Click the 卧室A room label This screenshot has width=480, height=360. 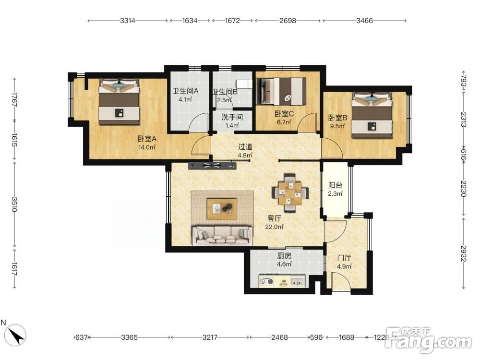tap(147, 139)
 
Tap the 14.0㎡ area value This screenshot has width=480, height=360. tap(147, 147)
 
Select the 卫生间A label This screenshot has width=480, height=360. tap(185, 91)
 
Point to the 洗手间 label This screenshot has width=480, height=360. tap(232, 117)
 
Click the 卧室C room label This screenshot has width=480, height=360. tap(284, 114)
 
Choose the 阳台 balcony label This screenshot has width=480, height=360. tap(335, 185)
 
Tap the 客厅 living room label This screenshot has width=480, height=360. tap(274, 218)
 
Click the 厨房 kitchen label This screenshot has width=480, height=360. tap(284, 256)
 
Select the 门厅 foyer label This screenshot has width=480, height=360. tap(344, 258)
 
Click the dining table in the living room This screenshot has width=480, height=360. tap(290, 193)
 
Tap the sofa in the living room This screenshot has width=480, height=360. tap(223, 236)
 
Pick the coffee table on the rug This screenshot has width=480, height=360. tap(222, 209)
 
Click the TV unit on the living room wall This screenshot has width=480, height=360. tap(213, 166)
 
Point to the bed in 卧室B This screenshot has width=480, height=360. tap(372, 115)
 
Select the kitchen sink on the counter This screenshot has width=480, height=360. tap(297, 281)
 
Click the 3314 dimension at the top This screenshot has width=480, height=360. tap(127, 21)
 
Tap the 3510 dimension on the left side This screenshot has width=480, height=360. tap(14, 204)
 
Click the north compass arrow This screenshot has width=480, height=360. tap(15, 334)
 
